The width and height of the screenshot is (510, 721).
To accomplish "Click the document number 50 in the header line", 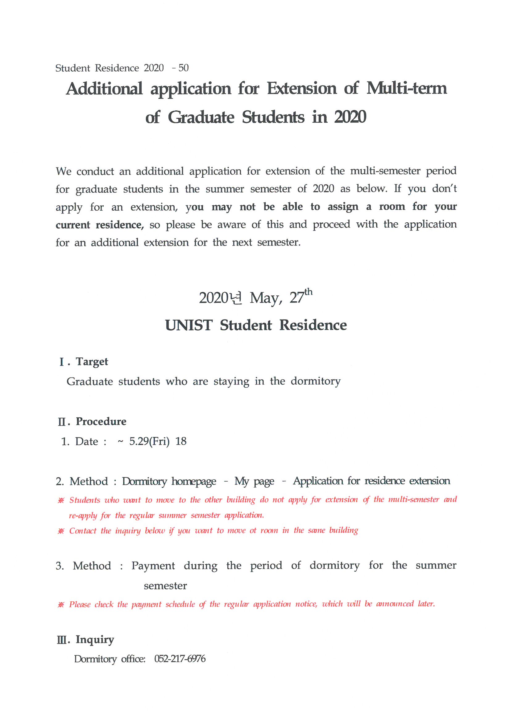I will point(183,68).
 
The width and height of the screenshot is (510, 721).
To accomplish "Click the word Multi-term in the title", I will point(406,88).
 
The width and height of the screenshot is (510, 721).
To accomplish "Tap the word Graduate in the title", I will point(201,117).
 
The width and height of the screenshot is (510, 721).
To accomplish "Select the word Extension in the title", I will point(302,88).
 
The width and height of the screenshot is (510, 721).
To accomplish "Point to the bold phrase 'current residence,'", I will point(100,225).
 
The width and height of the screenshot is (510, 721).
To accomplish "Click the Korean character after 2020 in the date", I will point(236,298).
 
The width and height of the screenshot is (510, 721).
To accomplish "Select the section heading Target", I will point(92,361).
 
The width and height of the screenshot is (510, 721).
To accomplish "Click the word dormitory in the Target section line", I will point(315,381).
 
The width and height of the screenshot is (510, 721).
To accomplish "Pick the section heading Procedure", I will point(101,422).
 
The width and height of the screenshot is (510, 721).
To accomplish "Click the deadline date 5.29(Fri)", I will point(149,441).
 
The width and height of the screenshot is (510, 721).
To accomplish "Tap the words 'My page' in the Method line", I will point(254,481).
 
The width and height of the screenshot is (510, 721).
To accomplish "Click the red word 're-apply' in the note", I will point(83,515).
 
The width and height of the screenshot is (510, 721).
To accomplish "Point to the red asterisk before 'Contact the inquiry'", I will point(61,531).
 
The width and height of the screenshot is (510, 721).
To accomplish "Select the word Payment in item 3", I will point(153,566).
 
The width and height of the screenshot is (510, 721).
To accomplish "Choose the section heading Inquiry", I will point(95,639).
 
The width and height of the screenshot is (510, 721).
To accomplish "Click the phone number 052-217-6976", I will point(180,659).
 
